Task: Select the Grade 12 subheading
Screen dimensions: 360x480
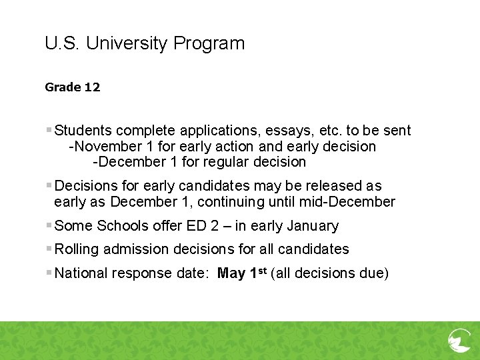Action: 73,87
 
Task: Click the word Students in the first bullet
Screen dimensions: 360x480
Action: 83,131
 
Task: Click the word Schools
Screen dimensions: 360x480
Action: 121,226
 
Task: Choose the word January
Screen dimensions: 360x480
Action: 312,226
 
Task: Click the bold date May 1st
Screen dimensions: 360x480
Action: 242,273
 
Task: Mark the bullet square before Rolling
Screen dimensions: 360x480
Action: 49,249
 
